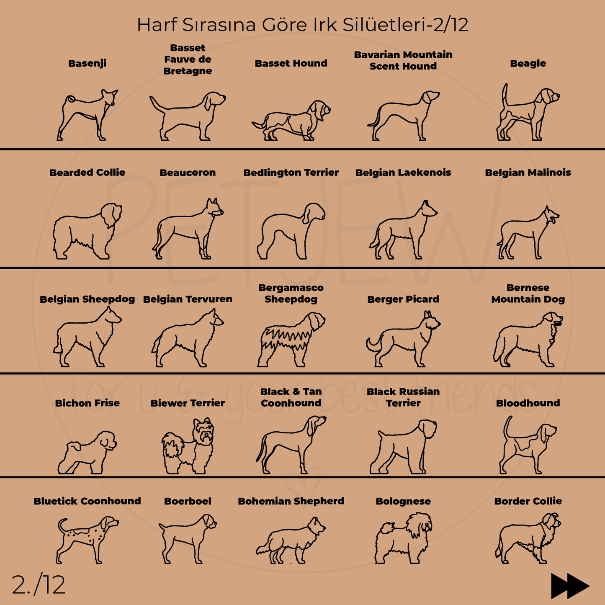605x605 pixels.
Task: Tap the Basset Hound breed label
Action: [291, 64]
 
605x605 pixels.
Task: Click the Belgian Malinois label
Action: [528, 172]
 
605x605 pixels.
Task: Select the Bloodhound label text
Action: [528, 403]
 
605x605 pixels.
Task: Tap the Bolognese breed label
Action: [403, 501]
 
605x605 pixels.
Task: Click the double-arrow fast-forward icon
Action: [570, 586]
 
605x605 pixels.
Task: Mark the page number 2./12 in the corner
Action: [39, 585]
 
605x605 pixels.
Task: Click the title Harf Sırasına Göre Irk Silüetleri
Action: [302, 25]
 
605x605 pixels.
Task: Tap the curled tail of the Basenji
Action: [70, 99]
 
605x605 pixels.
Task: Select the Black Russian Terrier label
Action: [403, 397]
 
